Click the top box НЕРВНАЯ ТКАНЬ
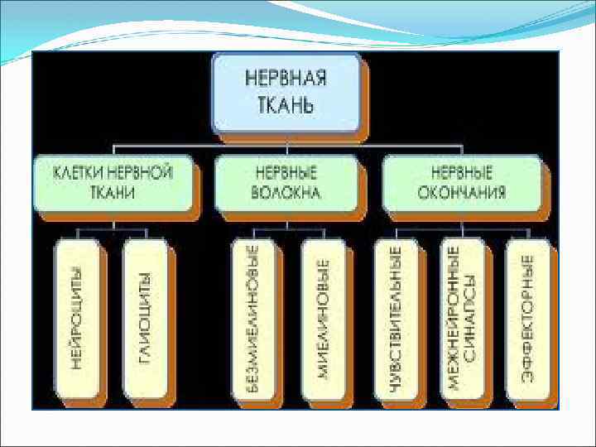(x=286, y=93)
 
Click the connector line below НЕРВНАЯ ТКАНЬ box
(x=287, y=146)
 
